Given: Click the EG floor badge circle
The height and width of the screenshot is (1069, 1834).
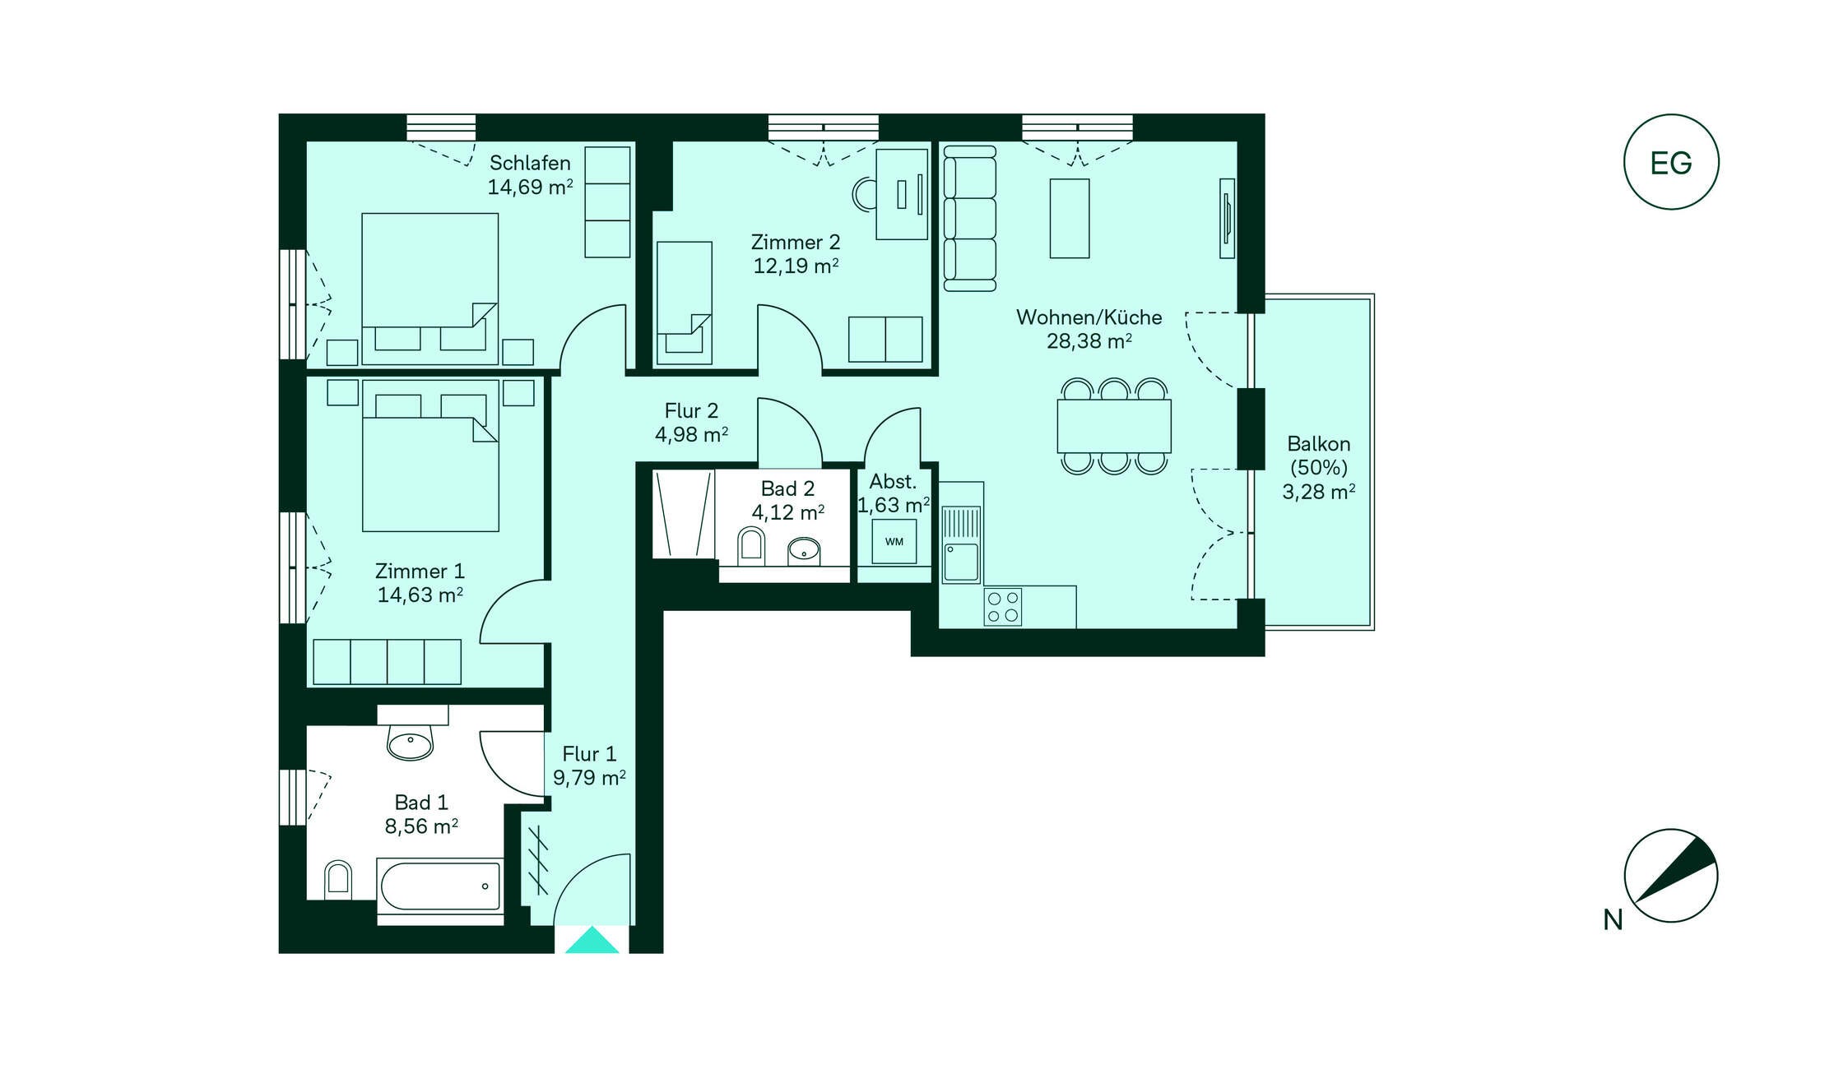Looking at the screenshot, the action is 1670,116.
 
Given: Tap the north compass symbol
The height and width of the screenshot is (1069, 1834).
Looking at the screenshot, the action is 1670,875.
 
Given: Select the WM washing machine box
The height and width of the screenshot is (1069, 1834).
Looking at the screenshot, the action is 894,541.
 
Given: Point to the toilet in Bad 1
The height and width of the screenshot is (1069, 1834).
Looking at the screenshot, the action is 337,877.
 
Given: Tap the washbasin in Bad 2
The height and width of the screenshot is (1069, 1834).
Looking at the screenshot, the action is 804,551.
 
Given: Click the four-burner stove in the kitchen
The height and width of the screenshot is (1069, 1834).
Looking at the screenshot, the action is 1003,607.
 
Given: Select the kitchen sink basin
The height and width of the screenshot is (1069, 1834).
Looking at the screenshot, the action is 961,562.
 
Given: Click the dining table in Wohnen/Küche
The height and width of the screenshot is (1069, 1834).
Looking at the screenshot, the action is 1114,426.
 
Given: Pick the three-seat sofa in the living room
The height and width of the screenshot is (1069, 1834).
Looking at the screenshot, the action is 969,219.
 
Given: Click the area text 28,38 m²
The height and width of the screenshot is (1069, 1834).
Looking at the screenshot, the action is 1089,341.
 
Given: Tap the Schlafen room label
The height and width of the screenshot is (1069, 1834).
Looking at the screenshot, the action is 530,163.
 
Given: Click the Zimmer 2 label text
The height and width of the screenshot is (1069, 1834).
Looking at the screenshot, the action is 796,243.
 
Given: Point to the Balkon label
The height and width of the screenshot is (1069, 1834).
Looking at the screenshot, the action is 1318,444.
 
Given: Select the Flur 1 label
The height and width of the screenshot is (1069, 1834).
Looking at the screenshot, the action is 589,754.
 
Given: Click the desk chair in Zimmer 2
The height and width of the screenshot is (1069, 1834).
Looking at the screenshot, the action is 864,195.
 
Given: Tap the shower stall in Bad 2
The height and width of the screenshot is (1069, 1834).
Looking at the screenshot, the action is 684,514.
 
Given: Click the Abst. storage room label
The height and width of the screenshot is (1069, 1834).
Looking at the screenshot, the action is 893,482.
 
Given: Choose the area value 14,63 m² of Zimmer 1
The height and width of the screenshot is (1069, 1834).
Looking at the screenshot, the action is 420,595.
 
